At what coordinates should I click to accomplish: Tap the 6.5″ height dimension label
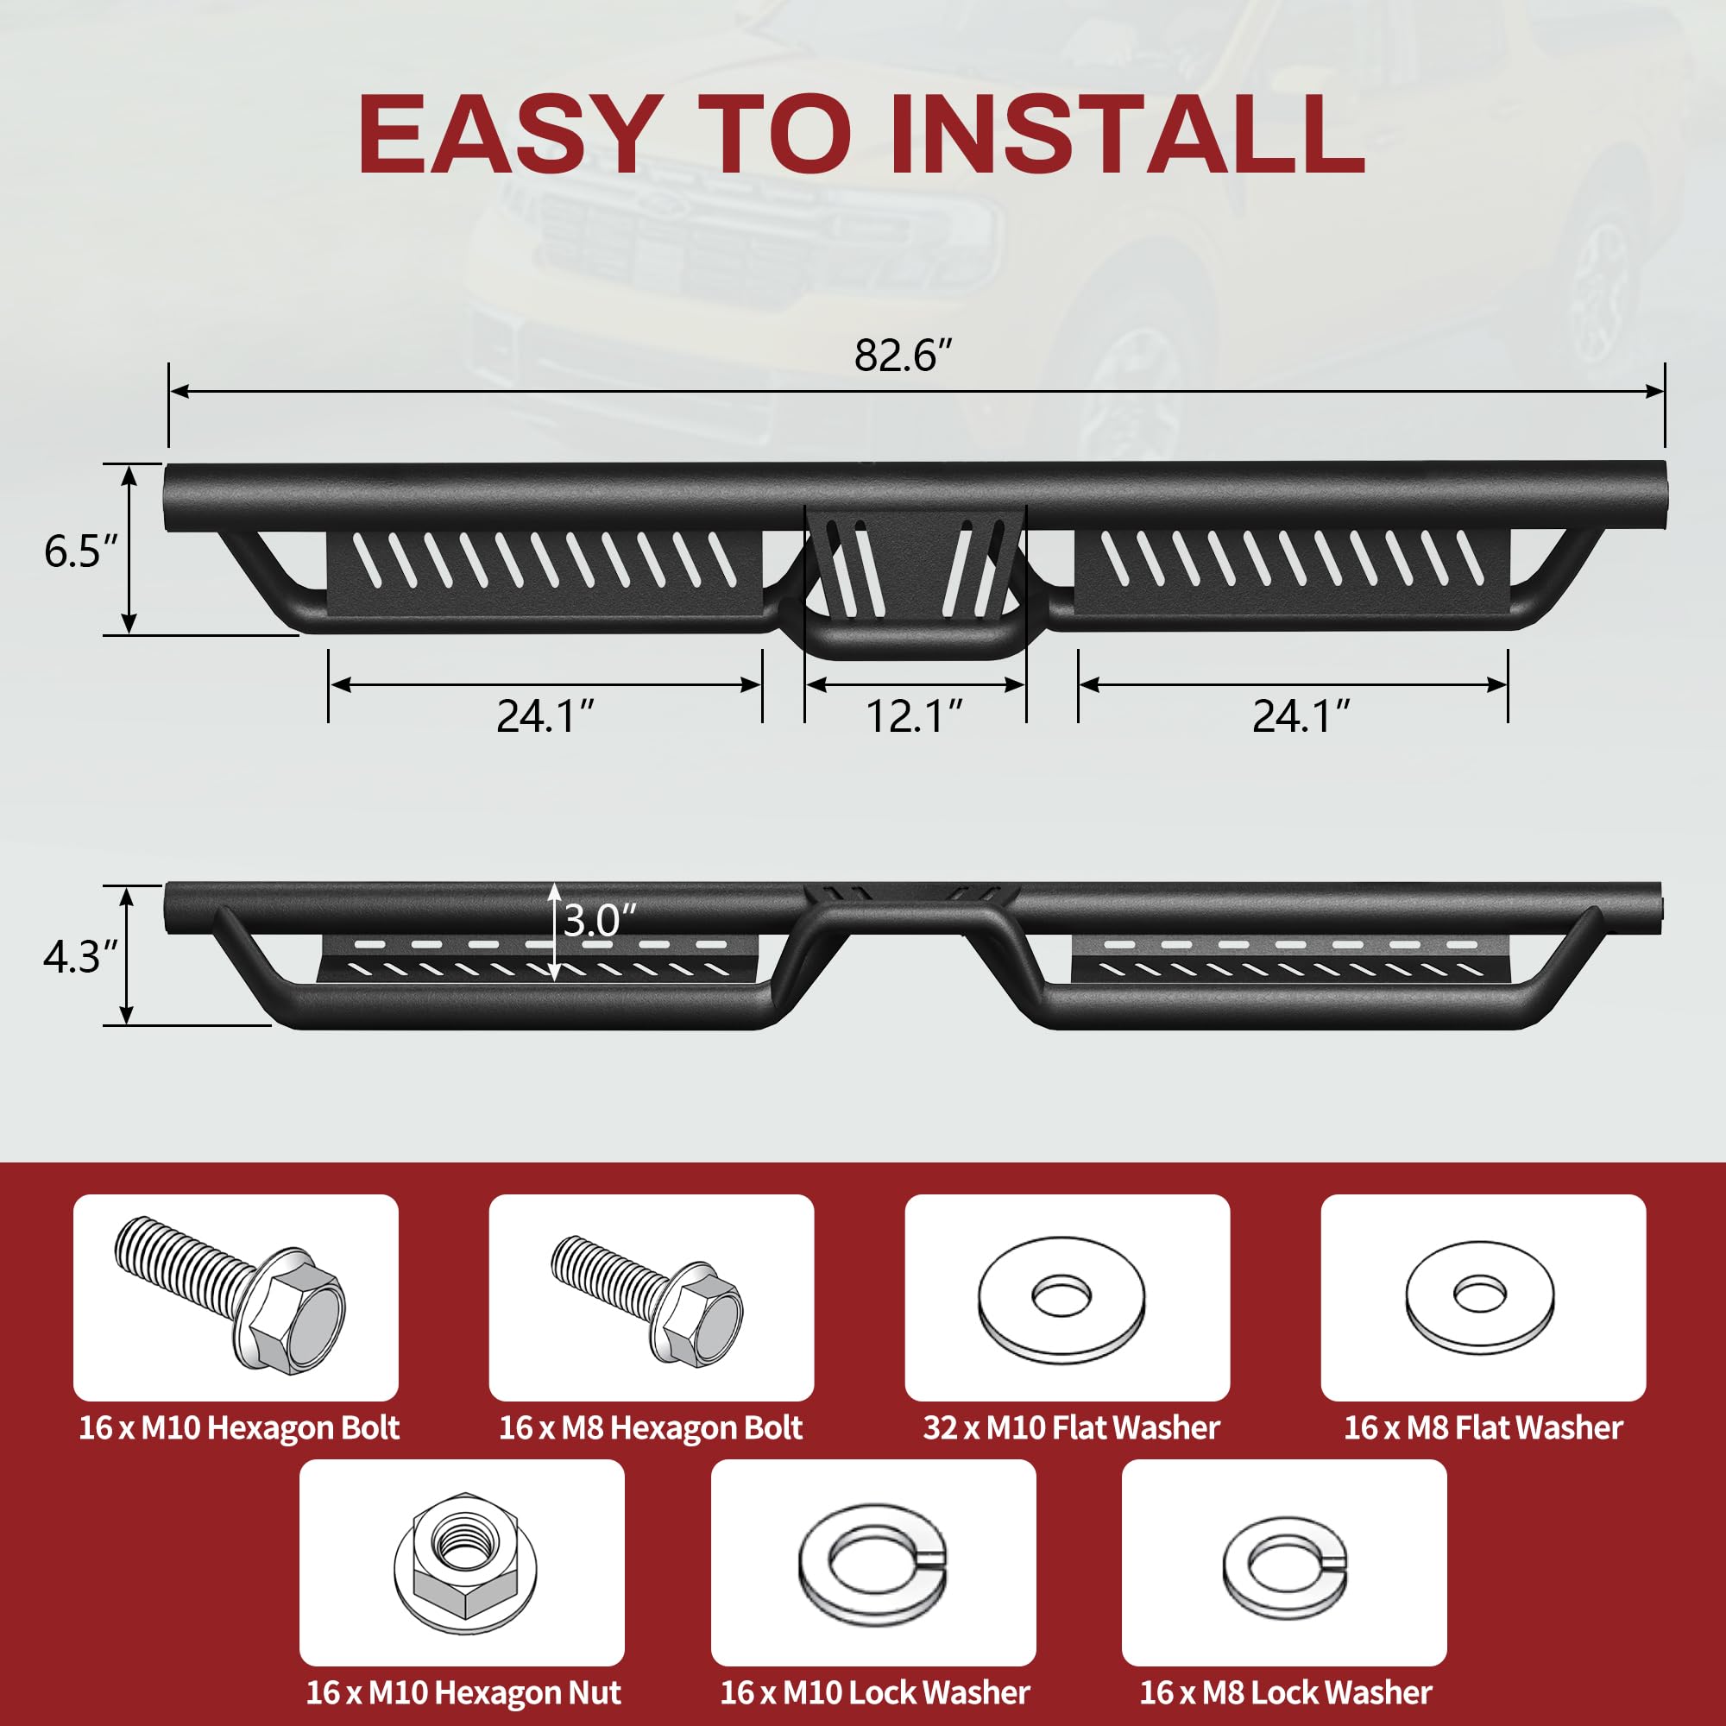(x=80, y=551)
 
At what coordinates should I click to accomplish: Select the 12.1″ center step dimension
(x=915, y=715)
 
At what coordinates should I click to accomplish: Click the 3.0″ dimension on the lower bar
(x=600, y=920)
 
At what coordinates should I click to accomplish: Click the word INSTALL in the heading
(x=1127, y=135)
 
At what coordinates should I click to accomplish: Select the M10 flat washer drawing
(x=1061, y=1297)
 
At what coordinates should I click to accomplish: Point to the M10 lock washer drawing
(x=872, y=1564)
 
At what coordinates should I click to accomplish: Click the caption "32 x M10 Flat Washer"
(x=1070, y=1427)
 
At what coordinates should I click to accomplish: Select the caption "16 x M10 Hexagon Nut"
(x=463, y=1691)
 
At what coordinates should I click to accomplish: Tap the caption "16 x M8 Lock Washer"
(x=1285, y=1691)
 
